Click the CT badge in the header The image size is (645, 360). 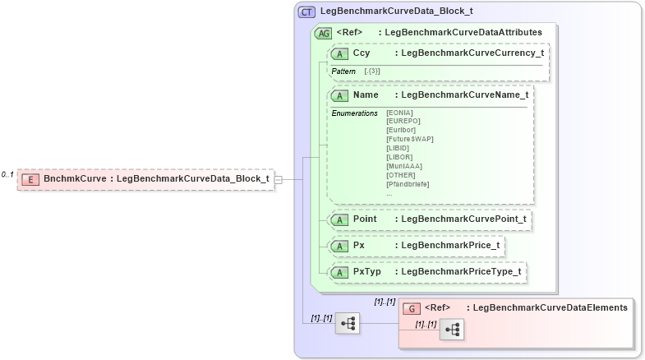(x=307, y=12)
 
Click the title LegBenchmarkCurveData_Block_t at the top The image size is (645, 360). (x=396, y=12)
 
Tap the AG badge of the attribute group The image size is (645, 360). (x=324, y=33)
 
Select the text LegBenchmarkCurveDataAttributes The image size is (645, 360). (x=463, y=33)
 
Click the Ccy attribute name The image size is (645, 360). (x=362, y=53)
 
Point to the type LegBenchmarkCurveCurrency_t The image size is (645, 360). (x=469, y=53)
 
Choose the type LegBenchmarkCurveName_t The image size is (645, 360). (x=462, y=95)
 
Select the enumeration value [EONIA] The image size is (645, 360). (x=399, y=113)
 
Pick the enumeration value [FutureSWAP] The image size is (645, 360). (x=409, y=139)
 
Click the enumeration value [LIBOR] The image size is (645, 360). (x=399, y=157)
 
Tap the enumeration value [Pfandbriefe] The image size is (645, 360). (x=408, y=184)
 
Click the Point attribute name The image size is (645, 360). (x=365, y=219)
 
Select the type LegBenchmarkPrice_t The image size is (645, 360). (x=447, y=245)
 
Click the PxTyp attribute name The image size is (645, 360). (x=366, y=271)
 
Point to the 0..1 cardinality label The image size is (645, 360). (x=7, y=174)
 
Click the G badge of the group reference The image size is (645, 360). (x=412, y=308)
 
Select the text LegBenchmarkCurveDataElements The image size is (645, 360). (x=551, y=307)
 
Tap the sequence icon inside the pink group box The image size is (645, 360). (x=452, y=330)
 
